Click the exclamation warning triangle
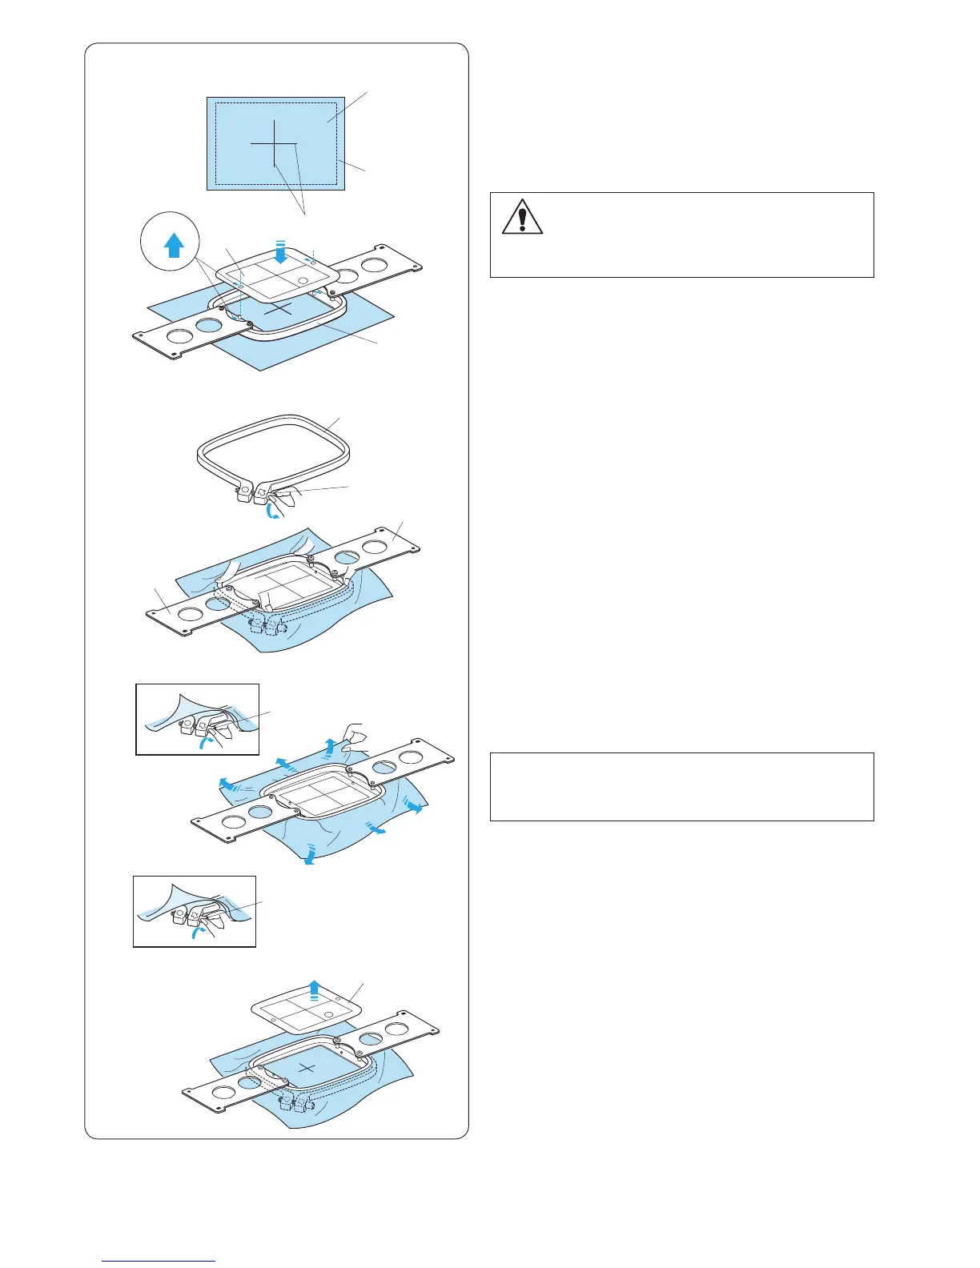pos(522,216)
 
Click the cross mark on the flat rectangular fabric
pos(274,143)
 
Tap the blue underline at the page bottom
pos(159,1261)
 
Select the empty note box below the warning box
pos(681,786)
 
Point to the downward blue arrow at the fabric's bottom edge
pos(311,857)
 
